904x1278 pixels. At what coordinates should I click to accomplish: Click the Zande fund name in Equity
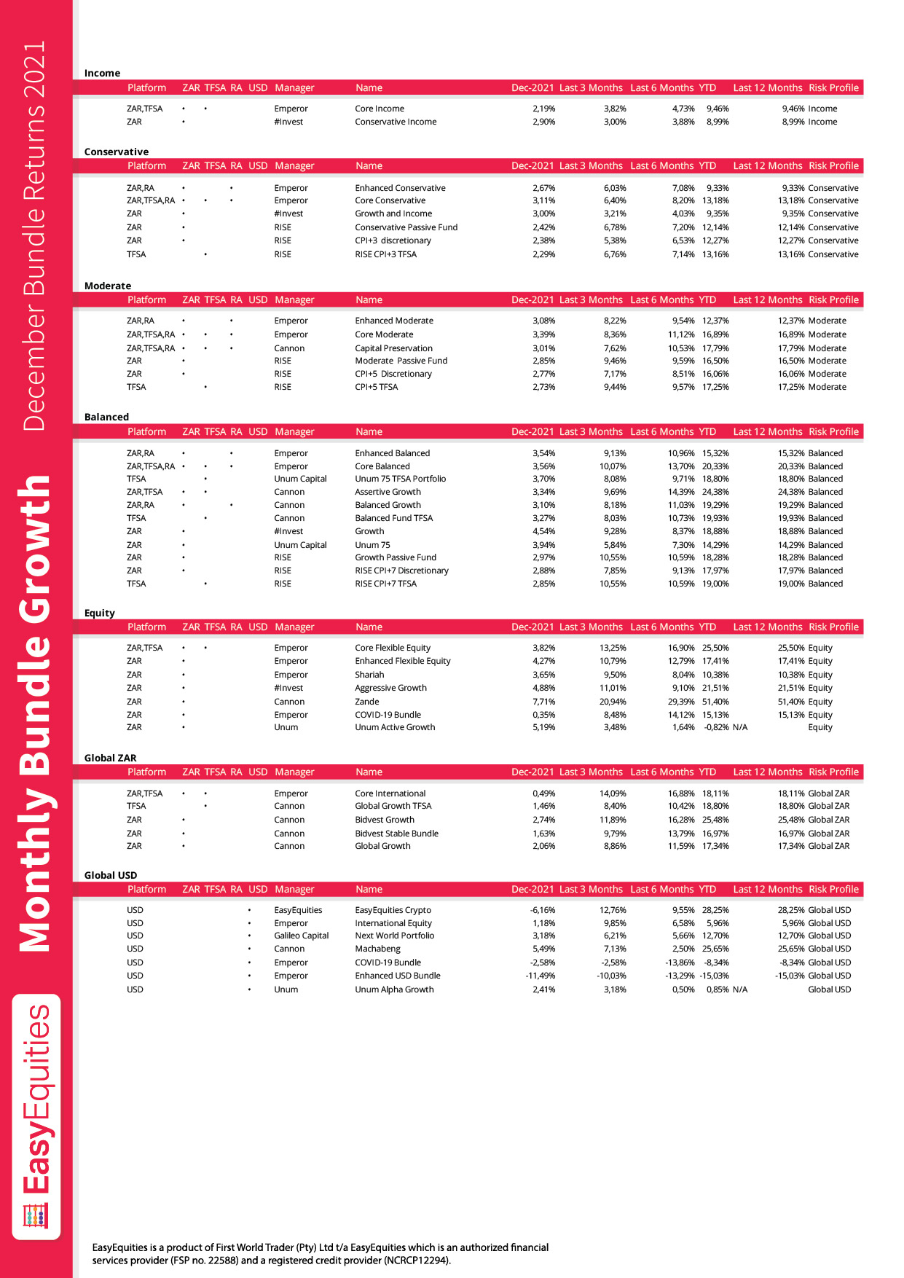367,702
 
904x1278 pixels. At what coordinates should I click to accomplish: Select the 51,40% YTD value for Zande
715,702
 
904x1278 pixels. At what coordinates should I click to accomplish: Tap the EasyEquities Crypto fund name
393,910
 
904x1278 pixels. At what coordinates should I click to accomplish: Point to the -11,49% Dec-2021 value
541,976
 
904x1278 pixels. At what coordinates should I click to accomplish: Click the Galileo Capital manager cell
302,936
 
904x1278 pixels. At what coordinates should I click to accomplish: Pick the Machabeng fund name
377,949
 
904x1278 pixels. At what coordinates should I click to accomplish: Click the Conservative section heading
117,152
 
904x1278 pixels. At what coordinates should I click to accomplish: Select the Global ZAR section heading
110,758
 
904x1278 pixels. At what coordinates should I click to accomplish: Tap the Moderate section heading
108,286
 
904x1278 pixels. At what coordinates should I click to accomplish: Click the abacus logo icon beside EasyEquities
36,1216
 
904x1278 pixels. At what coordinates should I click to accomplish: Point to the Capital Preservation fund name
393,348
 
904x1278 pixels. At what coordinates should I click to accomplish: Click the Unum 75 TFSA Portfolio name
400,479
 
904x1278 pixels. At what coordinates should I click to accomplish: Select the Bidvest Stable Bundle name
396,834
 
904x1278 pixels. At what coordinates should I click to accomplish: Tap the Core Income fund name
380,109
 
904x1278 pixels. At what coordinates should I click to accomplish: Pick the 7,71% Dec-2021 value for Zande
543,702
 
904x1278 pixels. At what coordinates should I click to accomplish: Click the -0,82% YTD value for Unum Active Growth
716,727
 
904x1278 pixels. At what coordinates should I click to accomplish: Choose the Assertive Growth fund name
388,492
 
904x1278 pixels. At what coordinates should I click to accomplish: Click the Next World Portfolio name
394,936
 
